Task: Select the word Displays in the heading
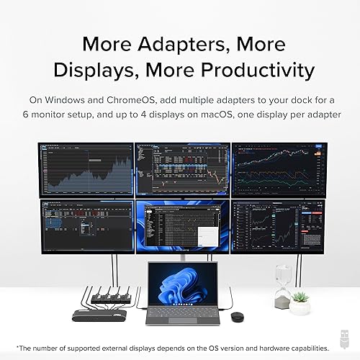(87, 70)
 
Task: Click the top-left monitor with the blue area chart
(86, 169)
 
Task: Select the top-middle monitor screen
(181, 169)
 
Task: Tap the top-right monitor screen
(277, 169)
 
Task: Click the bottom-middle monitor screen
(181, 225)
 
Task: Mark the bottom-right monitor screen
(277, 225)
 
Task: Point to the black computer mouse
(236, 316)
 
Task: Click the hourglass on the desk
(283, 284)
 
